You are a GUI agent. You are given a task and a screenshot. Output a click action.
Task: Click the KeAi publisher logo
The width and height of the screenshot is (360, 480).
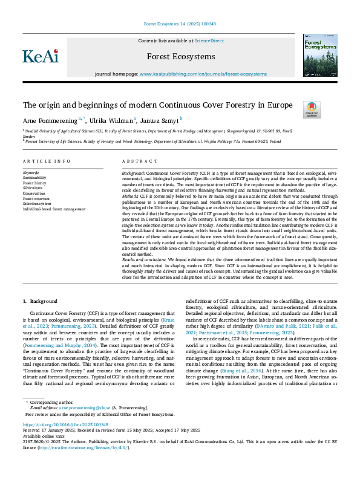[41, 56]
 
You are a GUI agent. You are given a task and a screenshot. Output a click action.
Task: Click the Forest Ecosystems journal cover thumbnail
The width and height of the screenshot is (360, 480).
[319, 55]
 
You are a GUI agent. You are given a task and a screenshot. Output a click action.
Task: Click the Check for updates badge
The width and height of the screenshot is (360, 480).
[312, 109]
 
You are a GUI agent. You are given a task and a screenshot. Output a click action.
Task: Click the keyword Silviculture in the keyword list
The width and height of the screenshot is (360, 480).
[33, 188]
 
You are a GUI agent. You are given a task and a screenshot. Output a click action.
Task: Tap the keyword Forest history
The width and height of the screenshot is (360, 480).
[34, 183]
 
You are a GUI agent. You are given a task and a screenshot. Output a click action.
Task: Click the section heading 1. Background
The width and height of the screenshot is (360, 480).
[42, 300]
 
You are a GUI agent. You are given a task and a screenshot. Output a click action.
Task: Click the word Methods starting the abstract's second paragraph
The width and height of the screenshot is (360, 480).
[131, 196]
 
